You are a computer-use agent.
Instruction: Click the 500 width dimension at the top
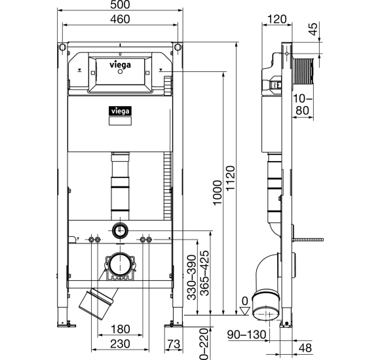click(x=120, y=5)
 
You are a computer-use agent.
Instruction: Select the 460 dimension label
click(x=120, y=19)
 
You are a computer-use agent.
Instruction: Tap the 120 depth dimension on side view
click(x=277, y=19)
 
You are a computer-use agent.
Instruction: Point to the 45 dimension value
click(x=313, y=29)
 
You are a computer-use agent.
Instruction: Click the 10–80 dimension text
click(x=303, y=105)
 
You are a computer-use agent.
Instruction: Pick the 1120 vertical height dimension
click(x=230, y=178)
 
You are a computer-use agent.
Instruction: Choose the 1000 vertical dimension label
click(x=218, y=192)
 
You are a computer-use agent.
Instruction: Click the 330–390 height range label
click(x=191, y=278)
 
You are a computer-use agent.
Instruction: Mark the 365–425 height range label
click(x=204, y=273)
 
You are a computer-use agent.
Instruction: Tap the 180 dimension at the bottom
click(x=120, y=329)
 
